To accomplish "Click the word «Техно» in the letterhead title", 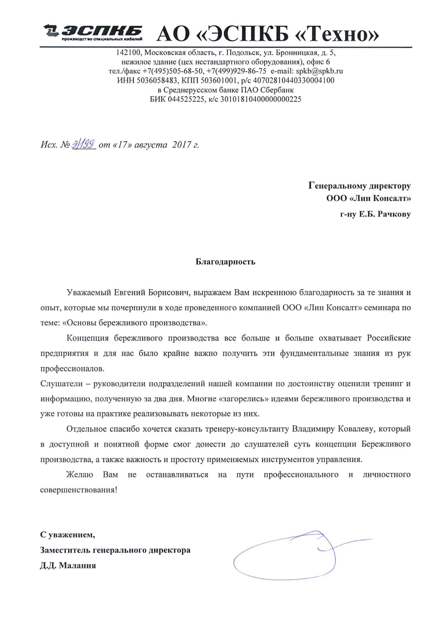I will point(338,34).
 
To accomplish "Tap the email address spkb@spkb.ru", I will point(319,71).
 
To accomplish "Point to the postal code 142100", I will point(129,52).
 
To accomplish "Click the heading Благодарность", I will point(225,262).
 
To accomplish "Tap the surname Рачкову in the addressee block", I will point(394,214).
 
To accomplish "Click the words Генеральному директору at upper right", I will point(359,186).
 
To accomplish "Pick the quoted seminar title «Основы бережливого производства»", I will point(135,323).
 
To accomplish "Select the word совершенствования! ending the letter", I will point(79,490).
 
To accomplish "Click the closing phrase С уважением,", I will point(68,535).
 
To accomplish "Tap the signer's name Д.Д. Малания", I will point(68,565).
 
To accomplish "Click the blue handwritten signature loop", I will point(285,559).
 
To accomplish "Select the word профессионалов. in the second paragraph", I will point(72,368).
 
